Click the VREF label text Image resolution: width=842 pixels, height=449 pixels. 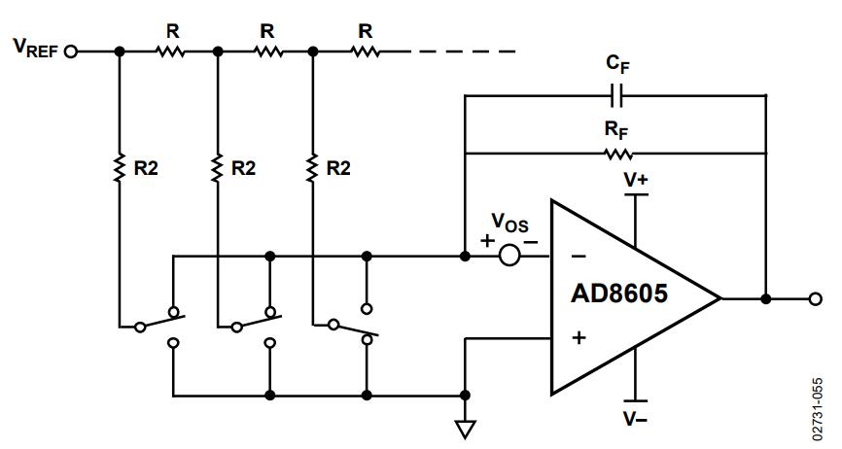pos(35,48)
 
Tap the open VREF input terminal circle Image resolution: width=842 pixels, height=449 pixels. pos(71,52)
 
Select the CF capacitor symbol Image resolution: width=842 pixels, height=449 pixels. pos(616,95)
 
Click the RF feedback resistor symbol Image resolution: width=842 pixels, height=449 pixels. pos(618,155)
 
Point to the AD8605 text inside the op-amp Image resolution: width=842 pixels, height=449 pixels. pos(619,294)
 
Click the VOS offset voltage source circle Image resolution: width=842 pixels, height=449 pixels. pos(509,256)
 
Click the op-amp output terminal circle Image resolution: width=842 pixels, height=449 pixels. pos(815,298)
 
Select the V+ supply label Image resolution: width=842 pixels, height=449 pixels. pos(636,180)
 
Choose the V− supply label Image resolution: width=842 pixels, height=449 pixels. pos(636,418)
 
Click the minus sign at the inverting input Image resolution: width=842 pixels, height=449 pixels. pos(579,257)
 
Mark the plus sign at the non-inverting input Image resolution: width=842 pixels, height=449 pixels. pos(579,338)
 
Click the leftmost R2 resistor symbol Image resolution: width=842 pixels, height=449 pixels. pos(120,167)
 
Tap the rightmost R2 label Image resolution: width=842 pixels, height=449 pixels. pos(338,168)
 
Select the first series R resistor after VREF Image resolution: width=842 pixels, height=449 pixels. pos(171,52)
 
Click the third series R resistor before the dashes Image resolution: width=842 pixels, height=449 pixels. pos(366,52)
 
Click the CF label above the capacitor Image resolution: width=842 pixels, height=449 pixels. pos(617,64)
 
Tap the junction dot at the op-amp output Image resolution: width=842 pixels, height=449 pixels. pos(766,298)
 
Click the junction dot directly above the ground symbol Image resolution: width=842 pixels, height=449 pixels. pos(465,396)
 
